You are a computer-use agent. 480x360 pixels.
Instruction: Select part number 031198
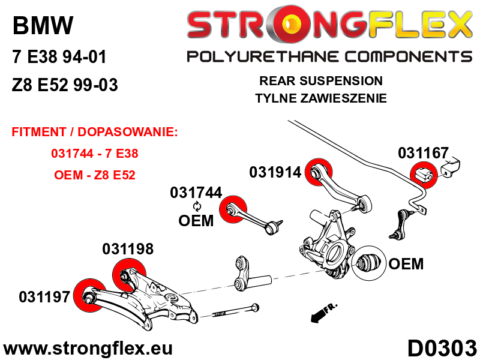pyautogui.click(x=128, y=249)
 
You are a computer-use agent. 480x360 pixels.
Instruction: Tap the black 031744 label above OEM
pyautogui.click(x=196, y=193)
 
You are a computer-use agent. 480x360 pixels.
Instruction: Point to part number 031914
pyautogui.click(x=275, y=172)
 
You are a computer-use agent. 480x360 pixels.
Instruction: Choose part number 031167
pyautogui.click(x=423, y=153)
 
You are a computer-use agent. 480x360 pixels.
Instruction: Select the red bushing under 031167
pyautogui.click(x=424, y=175)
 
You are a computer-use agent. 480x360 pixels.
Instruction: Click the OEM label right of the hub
pyautogui.click(x=406, y=263)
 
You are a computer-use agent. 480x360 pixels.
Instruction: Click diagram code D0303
pyautogui.click(x=442, y=349)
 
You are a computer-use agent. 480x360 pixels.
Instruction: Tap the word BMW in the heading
pyautogui.click(x=43, y=25)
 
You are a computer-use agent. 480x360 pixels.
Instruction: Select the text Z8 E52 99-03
pyautogui.click(x=65, y=85)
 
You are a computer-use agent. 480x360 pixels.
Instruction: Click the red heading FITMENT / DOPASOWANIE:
pyautogui.click(x=95, y=132)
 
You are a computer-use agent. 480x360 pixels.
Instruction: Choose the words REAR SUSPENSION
pyautogui.click(x=320, y=80)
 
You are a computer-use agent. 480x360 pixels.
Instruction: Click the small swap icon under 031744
pyautogui.click(x=197, y=206)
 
